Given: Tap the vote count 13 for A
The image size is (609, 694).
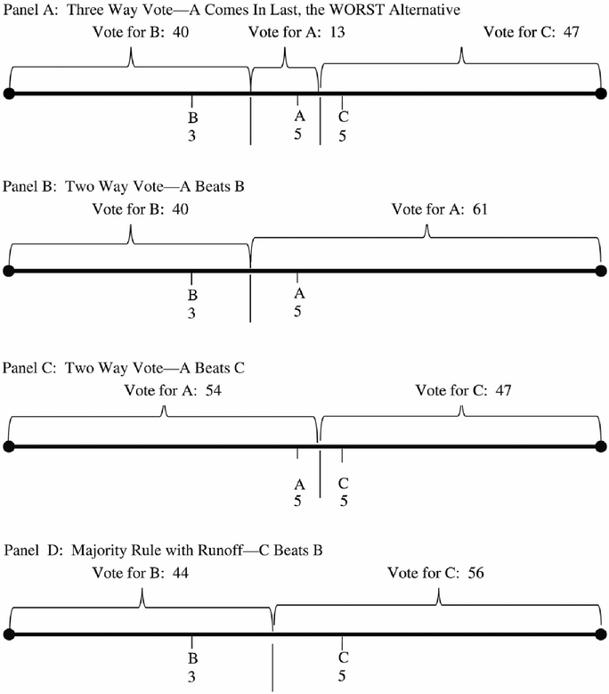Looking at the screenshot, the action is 337,32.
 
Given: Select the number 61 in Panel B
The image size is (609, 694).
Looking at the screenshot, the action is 480,208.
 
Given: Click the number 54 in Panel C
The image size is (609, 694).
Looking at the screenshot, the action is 213,390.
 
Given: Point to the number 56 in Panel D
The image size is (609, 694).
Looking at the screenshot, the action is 475,572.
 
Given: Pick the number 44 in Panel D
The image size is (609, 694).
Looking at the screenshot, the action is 181,572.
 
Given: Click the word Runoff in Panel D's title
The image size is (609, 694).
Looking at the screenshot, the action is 220,551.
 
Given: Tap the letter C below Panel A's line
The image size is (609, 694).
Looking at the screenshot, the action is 343,117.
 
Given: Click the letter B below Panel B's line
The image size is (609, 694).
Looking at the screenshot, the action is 192,295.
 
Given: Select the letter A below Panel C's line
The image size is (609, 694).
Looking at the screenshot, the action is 299,485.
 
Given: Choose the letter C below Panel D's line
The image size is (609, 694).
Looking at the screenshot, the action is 343,657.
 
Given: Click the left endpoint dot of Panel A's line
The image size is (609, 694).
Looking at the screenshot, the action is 9,94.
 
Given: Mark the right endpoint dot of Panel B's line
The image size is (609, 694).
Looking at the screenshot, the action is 601,271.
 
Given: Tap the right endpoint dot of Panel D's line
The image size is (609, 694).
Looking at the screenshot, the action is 601,634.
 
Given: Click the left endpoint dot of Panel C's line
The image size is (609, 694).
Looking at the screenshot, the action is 9,446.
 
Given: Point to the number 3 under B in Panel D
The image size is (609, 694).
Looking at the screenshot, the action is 191,677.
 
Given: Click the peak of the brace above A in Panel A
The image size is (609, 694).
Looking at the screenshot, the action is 284,48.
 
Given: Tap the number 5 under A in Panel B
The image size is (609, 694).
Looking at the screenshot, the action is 297,311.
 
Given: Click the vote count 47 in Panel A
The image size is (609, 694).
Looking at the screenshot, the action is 571,32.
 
